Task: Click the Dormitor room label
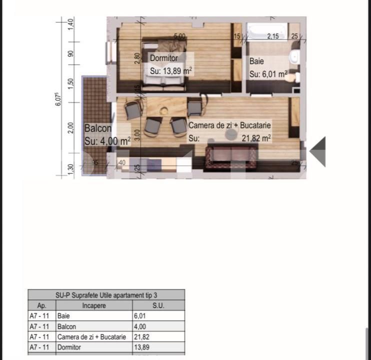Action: pyautogui.click(x=163, y=58)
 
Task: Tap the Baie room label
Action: pyautogui.click(x=256, y=61)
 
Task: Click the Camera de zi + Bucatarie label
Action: pyautogui.click(x=229, y=125)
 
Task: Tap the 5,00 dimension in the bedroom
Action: pyautogui.click(x=179, y=36)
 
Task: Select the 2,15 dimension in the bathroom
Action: pyautogui.click(x=272, y=36)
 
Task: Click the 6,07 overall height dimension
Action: pyautogui.click(x=58, y=99)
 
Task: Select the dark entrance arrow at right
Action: pyautogui.click(x=318, y=151)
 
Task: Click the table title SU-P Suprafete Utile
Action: pyautogui.click(x=106, y=295)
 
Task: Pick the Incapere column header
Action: pyautogui.click(x=94, y=305)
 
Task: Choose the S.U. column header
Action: pyautogui.click(x=157, y=305)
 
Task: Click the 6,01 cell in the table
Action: pyautogui.click(x=139, y=316)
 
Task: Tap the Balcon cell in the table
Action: pyautogui.click(x=67, y=326)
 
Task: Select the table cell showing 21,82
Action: pyautogui.click(x=141, y=337)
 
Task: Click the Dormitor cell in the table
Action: pyautogui.click(x=69, y=347)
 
